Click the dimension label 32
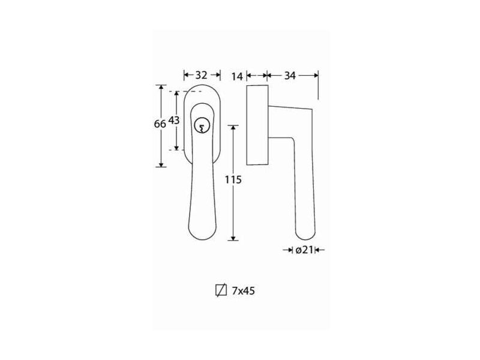click(201, 75)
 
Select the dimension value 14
click(237, 76)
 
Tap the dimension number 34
click(290, 76)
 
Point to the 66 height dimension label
click(160, 124)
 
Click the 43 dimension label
click(174, 121)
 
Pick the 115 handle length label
click(233, 179)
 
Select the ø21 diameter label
click(304, 250)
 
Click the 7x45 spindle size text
click(243, 290)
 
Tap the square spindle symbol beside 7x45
click(221, 290)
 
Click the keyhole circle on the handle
click(201, 125)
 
